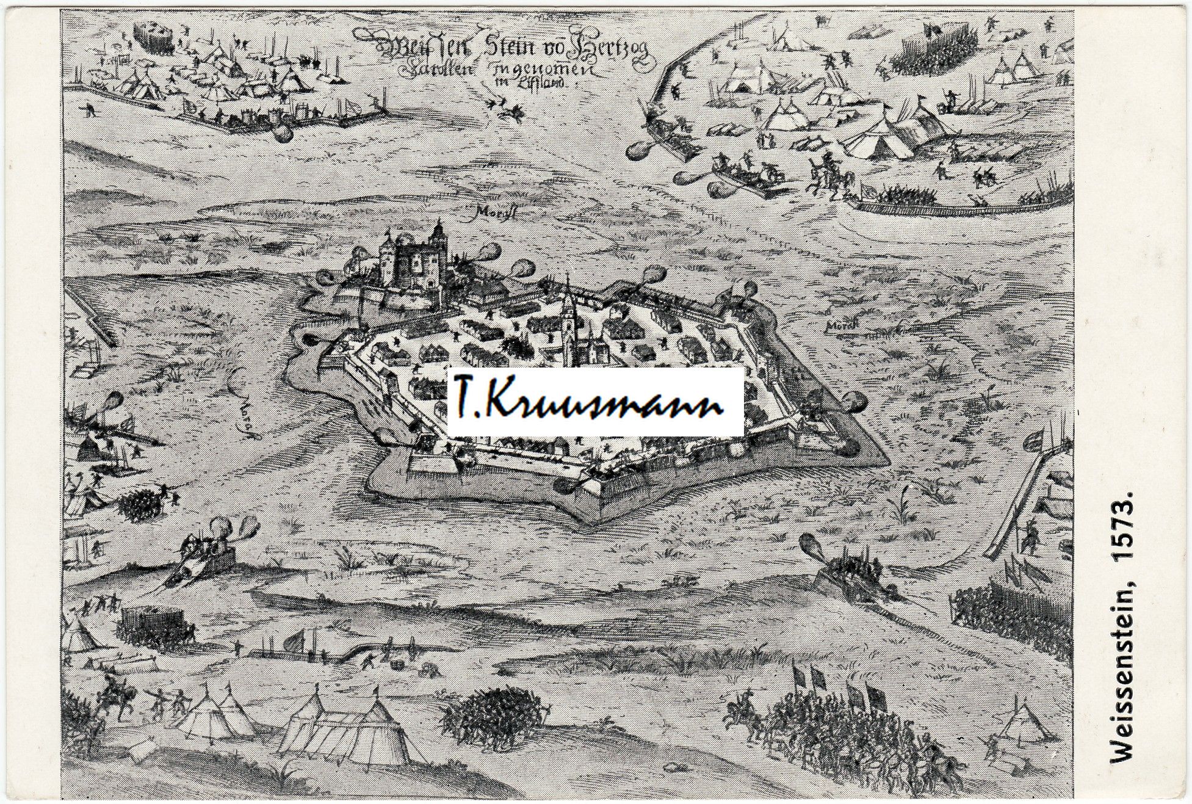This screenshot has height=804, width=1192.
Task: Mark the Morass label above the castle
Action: click(494, 212)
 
